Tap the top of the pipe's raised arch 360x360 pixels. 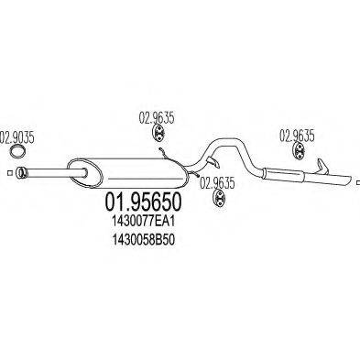[x=224, y=140]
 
